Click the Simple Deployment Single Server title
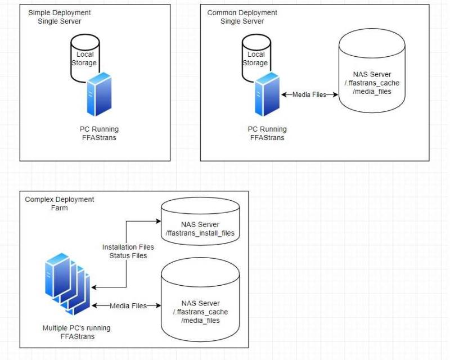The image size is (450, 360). click(60, 17)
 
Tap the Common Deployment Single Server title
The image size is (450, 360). click(242, 17)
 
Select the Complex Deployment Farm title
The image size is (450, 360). click(60, 204)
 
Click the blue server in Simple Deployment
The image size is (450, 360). click(99, 94)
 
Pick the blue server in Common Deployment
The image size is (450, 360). click(267, 94)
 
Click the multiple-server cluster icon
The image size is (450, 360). click(67, 283)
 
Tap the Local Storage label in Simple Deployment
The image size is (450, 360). click(84, 58)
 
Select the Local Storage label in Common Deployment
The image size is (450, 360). click(255, 58)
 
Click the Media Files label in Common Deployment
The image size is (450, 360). click(309, 94)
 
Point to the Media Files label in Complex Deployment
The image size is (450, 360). click(128, 306)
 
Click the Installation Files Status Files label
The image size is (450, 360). click(128, 251)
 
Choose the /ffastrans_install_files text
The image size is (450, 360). click(200, 233)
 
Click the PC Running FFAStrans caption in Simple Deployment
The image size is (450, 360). click(99, 133)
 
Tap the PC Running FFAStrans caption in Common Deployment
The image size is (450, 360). click(267, 133)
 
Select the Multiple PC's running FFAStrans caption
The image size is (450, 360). click(76, 332)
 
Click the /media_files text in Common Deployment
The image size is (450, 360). click(372, 92)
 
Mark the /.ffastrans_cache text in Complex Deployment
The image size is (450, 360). click(200, 312)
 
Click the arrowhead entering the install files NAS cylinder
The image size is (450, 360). click(159, 221)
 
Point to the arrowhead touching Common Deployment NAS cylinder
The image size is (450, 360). click(335, 94)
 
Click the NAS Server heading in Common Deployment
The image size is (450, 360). click(372, 74)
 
